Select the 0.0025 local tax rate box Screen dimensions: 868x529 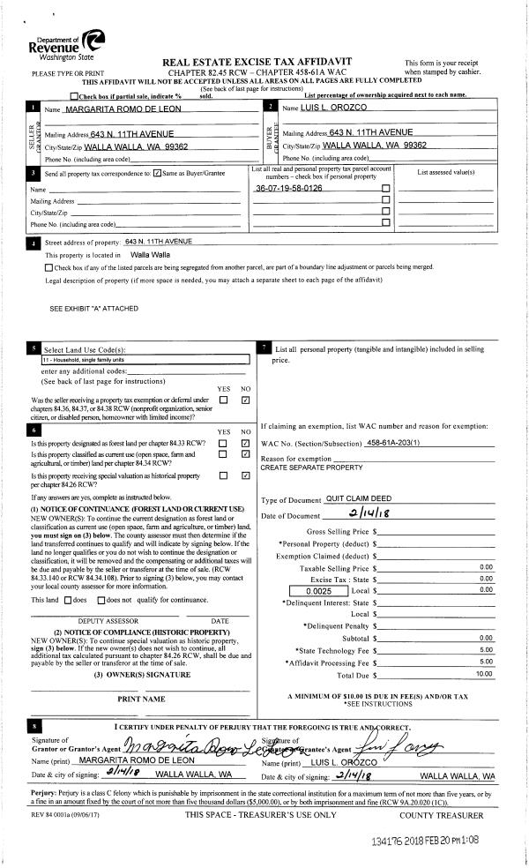pyautogui.click(x=319, y=590)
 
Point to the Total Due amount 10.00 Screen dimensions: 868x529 pyautogui.click(x=484, y=674)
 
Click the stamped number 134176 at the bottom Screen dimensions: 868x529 pyautogui.click(x=393, y=842)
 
